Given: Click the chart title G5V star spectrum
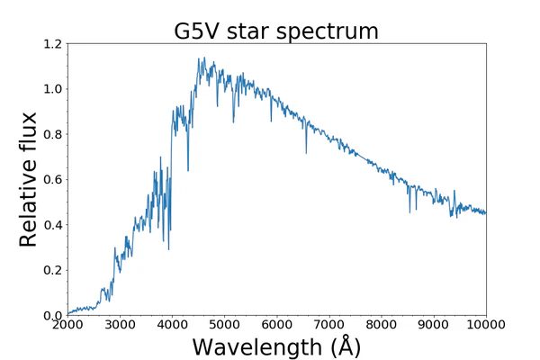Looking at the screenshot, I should (276, 31).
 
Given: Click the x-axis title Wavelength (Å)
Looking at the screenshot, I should (276, 346).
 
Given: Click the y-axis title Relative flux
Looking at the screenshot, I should (29, 179).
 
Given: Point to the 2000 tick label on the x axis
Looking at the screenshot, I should (67, 325).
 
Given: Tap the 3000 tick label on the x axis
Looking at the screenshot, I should (120, 325).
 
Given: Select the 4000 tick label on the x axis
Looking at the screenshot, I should (172, 325).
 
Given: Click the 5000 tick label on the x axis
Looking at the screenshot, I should (224, 325).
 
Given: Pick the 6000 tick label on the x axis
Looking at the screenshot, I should (276, 325).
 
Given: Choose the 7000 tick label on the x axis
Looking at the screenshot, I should (329, 325).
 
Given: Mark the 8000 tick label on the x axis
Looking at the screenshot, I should (382, 325).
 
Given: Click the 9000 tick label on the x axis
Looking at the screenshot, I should (434, 325).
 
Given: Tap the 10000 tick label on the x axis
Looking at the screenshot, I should (486, 325).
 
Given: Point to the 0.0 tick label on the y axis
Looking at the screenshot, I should (53, 315).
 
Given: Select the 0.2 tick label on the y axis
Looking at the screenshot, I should (53, 270).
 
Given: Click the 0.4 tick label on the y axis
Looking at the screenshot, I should (53, 225).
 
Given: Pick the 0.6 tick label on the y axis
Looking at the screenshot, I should (53, 179).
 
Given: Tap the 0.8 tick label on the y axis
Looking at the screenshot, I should (53, 134).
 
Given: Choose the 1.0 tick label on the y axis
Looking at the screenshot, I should (53, 89).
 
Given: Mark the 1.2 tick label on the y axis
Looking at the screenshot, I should (53, 44).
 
